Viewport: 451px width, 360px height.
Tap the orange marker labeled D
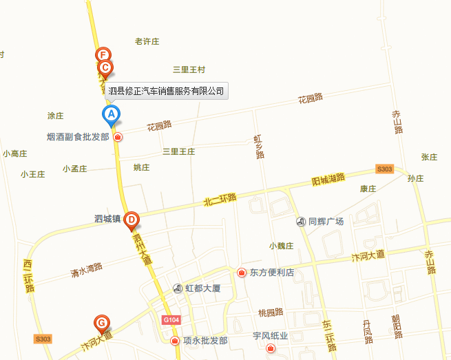(132, 220)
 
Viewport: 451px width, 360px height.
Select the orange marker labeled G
(101, 322)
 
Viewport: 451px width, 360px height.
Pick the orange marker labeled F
(103, 55)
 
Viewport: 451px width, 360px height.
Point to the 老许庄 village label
(147, 41)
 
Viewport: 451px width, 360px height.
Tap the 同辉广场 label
(326, 221)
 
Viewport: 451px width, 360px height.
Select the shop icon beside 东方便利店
(242, 273)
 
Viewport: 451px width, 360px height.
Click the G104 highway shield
(171, 320)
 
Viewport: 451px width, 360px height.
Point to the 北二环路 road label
(220, 198)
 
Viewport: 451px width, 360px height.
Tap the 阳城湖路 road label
(328, 180)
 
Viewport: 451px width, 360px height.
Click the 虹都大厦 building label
(202, 288)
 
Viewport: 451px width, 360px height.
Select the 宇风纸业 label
(269, 336)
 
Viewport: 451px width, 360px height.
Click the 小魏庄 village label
(282, 246)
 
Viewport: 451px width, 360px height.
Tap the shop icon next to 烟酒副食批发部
(118, 137)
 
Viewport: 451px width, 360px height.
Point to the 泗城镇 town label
(107, 220)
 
